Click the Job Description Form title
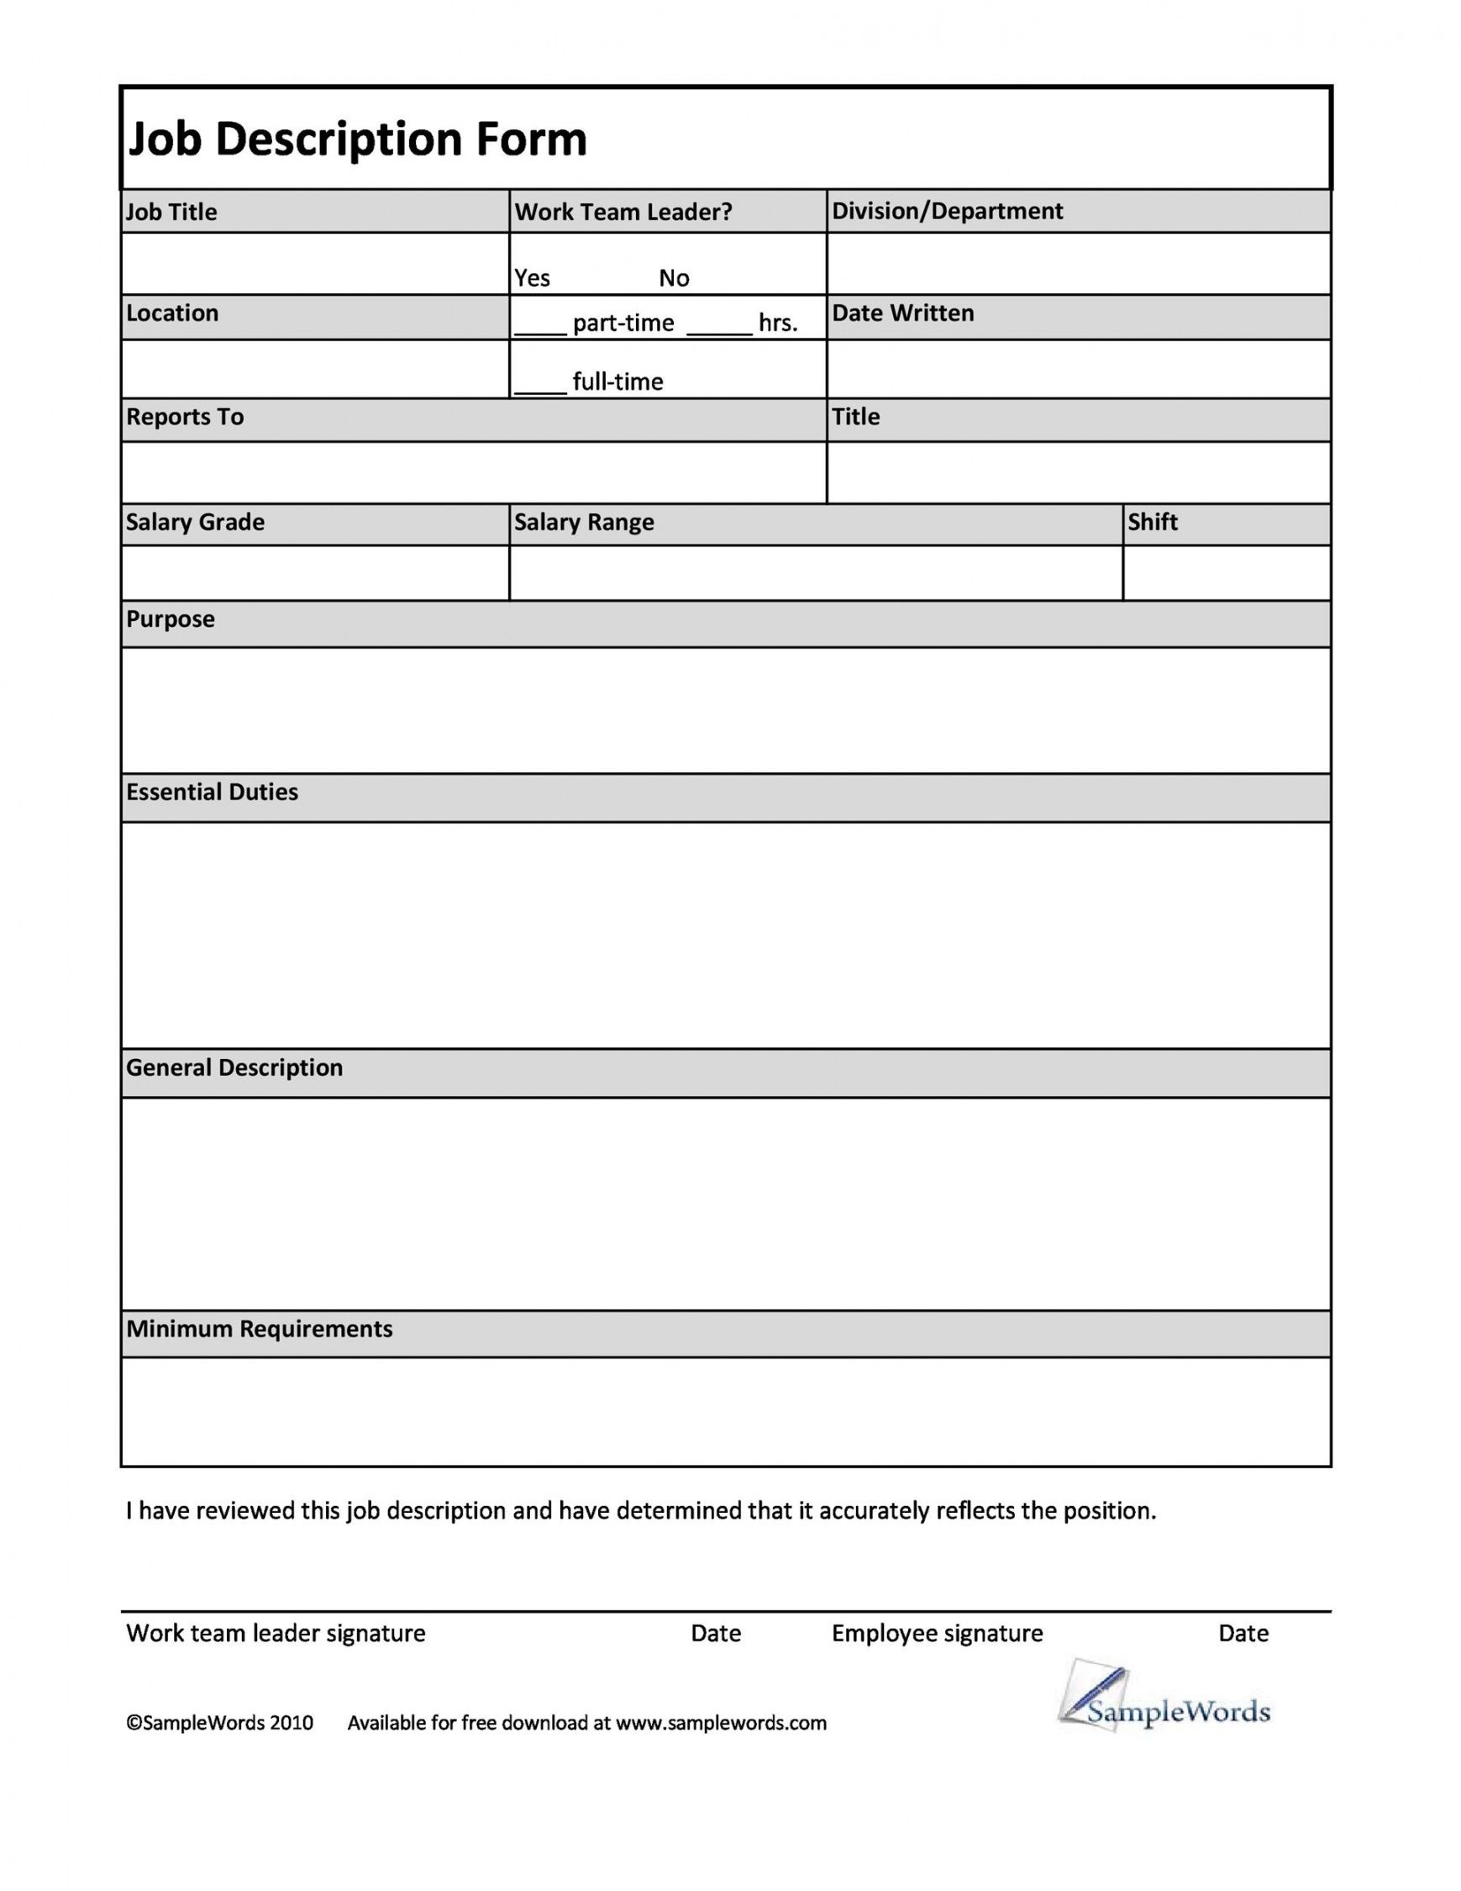point(357,140)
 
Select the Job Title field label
point(171,212)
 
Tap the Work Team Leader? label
point(623,212)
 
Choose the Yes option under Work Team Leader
point(533,278)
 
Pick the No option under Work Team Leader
point(674,278)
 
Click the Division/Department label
point(947,211)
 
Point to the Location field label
point(172,313)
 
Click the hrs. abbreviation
point(778,323)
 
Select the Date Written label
point(903,313)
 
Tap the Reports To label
point(185,417)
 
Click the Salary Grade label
point(195,522)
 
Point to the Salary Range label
point(584,522)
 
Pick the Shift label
point(1152,522)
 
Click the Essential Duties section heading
point(212,793)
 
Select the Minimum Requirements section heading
point(260,1329)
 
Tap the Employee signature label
point(938,1634)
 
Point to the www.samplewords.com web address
point(721,1723)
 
